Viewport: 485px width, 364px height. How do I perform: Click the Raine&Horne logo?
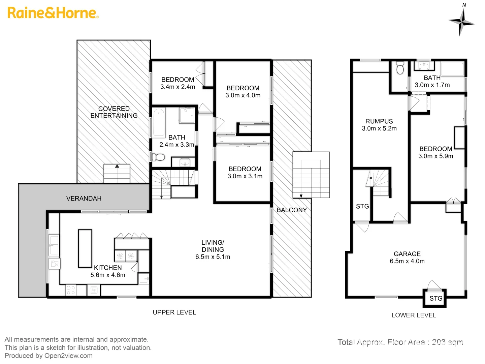click(53, 13)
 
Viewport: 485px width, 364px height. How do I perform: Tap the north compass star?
click(462, 22)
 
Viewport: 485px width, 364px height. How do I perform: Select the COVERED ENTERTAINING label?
click(114, 112)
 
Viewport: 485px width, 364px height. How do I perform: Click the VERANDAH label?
click(84, 199)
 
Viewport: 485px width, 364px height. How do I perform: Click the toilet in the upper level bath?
click(158, 157)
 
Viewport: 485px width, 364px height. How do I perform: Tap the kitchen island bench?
click(85, 248)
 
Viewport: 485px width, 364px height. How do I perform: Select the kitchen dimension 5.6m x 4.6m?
click(108, 275)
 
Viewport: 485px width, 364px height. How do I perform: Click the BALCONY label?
click(292, 210)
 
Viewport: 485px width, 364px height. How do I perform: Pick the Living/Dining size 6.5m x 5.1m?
click(213, 257)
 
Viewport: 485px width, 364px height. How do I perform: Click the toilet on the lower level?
click(400, 68)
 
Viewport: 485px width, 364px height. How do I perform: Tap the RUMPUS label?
click(379, 121)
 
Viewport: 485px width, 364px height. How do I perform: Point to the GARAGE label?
click(407, 254)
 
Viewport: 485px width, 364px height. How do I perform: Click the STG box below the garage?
click(435, 298)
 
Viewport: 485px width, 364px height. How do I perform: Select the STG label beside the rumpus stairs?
click(362, 206)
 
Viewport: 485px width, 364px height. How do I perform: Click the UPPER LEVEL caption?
click(174, 312)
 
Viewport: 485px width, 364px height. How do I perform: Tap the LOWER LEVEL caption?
click(414, 315)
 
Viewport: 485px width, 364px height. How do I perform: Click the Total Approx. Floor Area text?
click(400, 342)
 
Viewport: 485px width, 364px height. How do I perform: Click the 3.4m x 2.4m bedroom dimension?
click(177, 87)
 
